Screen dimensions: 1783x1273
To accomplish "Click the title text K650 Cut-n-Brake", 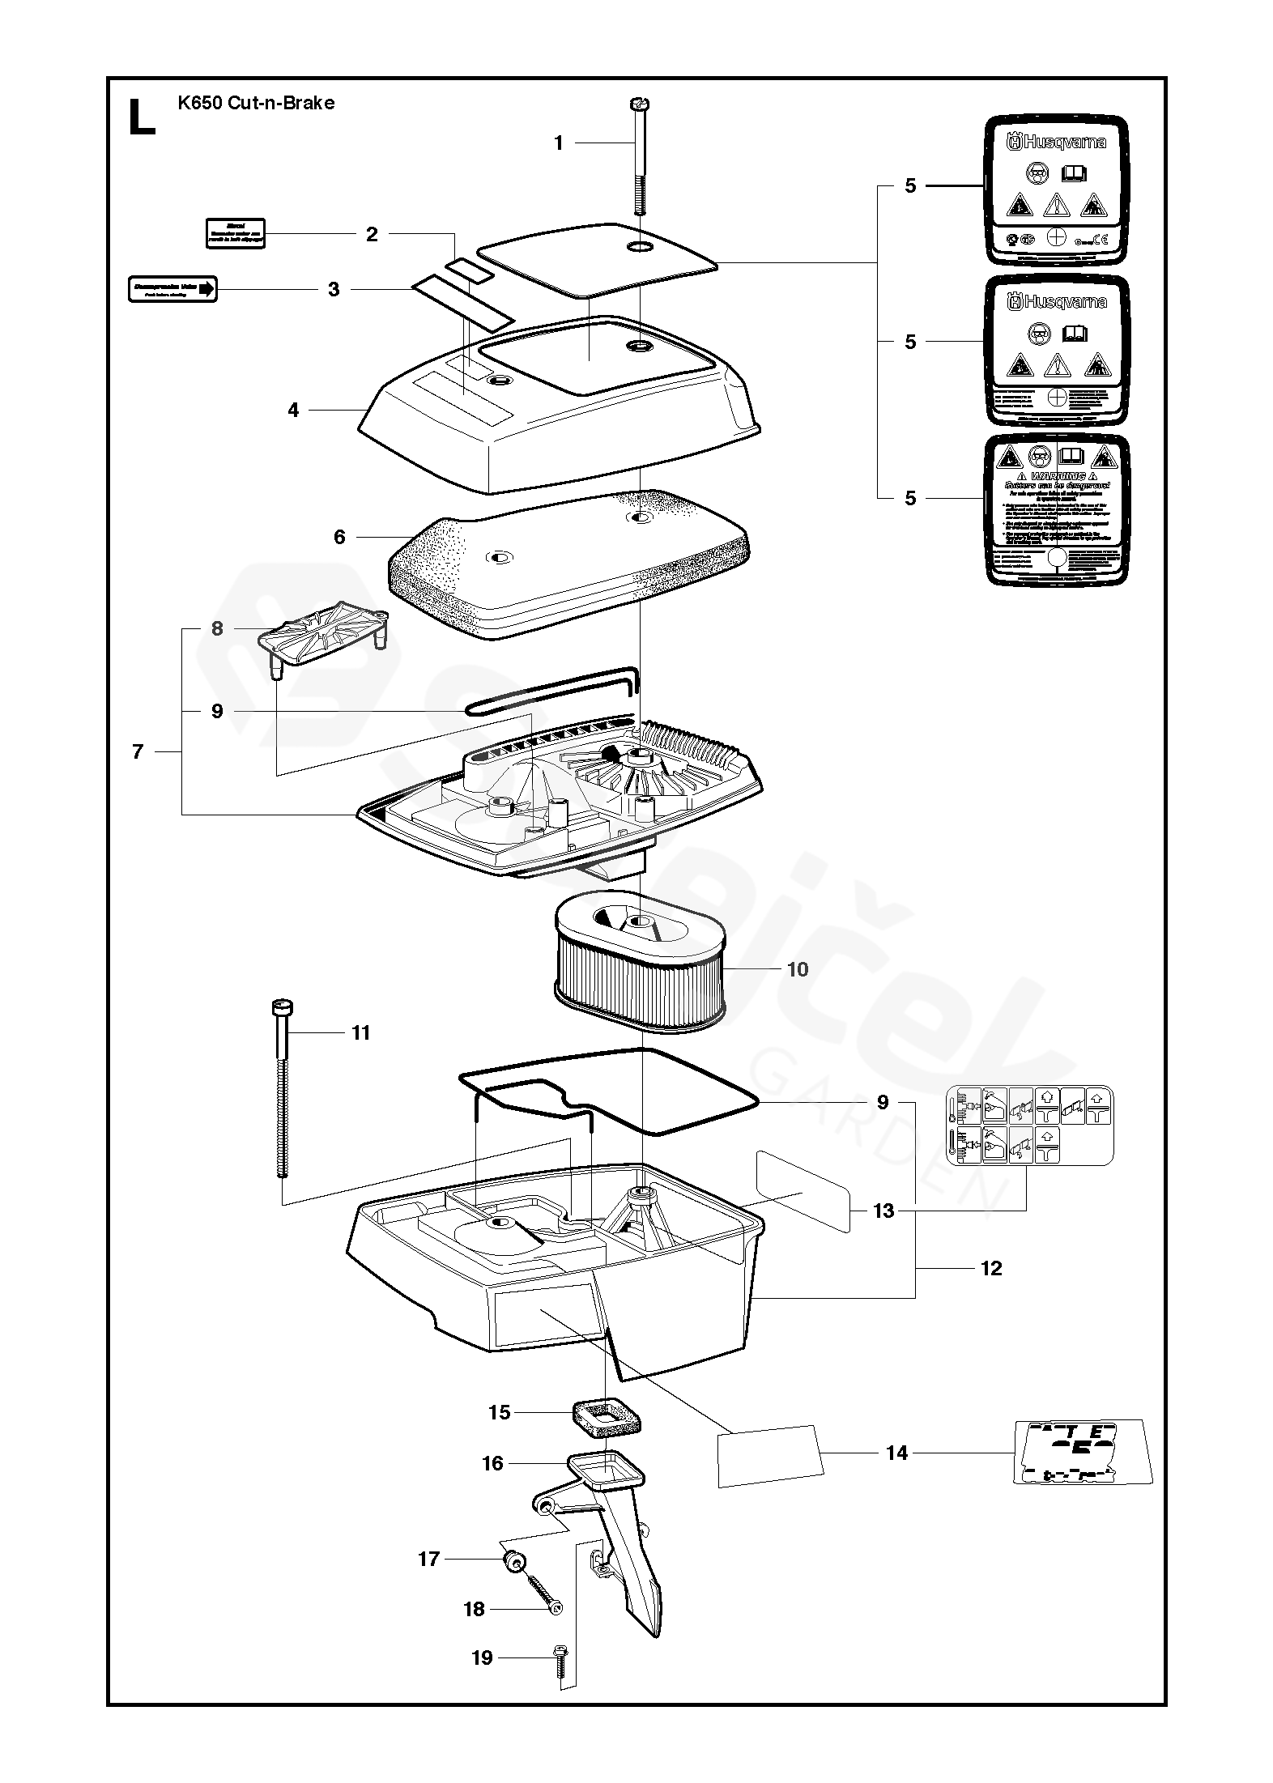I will pyautogui.click(x=256, y=103).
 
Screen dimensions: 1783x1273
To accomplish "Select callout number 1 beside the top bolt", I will pyautogui.click(x=558, y=143).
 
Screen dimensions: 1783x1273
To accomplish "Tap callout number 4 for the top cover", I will pyautogui.click(x=293, y=411).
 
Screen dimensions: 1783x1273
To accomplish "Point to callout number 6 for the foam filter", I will pyautogui.click(x=339, y=537).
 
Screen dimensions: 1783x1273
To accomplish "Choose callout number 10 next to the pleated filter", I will pyautogui.click(x=798, y=969).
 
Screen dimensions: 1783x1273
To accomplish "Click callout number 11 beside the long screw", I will pyautogui.click(x=360, y=1032).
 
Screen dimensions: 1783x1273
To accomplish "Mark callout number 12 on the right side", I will pyautogui.click(x=991, y=1268).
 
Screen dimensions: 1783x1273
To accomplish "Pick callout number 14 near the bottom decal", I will pyautogui.click(x=896, y=1453).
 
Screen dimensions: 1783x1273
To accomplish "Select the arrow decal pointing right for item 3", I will pyautogui.click(x=172, y=289).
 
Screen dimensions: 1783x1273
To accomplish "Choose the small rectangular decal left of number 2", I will pyautogui.click(x=235, y=233).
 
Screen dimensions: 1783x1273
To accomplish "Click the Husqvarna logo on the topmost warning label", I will pyautogui.click(x=1056, y=143).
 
